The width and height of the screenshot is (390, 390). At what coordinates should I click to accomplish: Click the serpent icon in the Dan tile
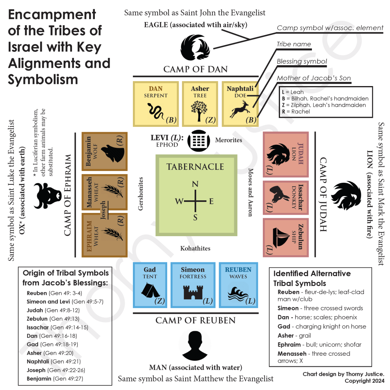pyautogui.click(x=156, y=111)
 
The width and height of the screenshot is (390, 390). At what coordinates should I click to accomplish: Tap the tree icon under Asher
pyautogui.click(x=199, y=111)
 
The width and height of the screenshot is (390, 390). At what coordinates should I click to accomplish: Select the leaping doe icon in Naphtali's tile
pyautogui.click(x=239, y=109)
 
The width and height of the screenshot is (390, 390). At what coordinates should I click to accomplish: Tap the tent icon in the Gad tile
pyautogui.click(x=150, y=290)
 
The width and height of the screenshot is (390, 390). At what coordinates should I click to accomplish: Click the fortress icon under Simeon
pyautogui.click(x=193, y=292)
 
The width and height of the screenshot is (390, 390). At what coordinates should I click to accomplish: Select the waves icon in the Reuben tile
pyautogui.click(x=238, y=294)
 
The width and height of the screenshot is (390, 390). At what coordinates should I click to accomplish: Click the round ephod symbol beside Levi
pyautogui.click(x=199, y=141)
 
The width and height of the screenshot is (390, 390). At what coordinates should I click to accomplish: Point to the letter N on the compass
pyautogui.click(x=195, y=184)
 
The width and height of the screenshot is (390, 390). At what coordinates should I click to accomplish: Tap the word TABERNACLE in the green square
pyautogui.click(x=195, y=167)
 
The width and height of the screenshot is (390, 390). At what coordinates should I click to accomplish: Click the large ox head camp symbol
pyautogui.click(x=47, y=195)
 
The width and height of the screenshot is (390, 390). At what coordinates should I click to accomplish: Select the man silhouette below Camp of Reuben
pyautogui.click(x=195, y=345)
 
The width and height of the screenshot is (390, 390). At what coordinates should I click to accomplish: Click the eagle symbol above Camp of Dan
pyautogui.click(x=195, y=47)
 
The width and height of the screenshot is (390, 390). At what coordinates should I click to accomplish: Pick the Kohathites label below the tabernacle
pyautogui.click(x=195, y=248)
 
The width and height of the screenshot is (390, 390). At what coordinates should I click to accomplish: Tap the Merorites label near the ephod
pyautogui.click(x=229, y=140)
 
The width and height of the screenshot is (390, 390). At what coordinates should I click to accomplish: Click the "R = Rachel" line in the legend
pyautogui.click(x=296, y=112)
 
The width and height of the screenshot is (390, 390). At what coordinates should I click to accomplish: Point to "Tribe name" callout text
pyautogui.click(x=294, y=44)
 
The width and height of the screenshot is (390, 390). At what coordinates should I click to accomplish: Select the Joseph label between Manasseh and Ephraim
pyautogui.click(x=103, y=210)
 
